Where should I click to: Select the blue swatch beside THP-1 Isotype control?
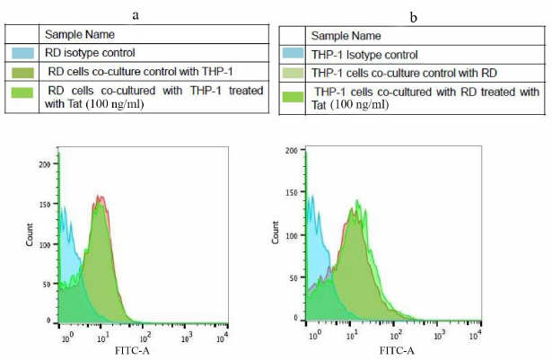(x=294, y=55)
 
